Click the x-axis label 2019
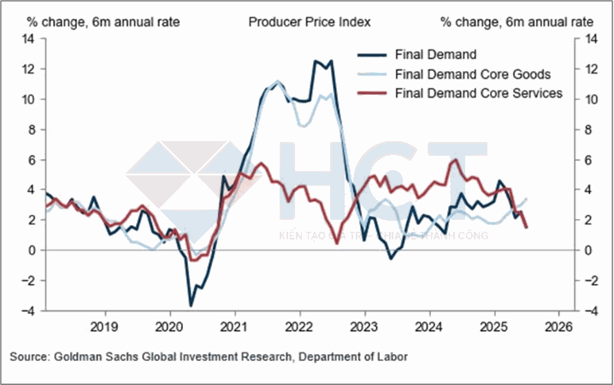103,327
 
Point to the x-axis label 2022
299,327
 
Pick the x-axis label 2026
558,327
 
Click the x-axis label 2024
429,327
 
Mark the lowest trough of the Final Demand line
191,305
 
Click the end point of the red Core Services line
527,227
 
